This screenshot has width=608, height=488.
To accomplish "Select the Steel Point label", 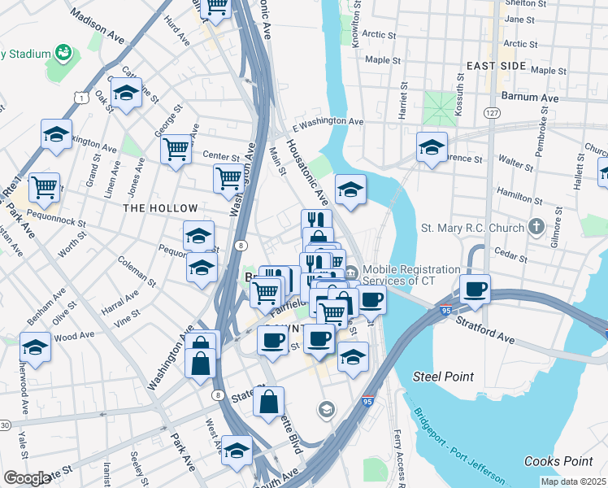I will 443,377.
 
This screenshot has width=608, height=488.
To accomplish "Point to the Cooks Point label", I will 553,461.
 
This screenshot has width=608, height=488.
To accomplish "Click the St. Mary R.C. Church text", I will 472,228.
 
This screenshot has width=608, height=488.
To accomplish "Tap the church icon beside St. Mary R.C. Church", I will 536,227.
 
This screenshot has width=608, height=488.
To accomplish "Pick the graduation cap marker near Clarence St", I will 432,147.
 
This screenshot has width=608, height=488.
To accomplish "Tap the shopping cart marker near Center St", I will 176,149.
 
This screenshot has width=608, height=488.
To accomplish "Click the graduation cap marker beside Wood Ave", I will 35,348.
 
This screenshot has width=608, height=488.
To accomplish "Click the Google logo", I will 28,478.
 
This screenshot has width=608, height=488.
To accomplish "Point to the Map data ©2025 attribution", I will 573,481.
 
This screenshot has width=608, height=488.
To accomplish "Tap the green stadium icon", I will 63,54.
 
